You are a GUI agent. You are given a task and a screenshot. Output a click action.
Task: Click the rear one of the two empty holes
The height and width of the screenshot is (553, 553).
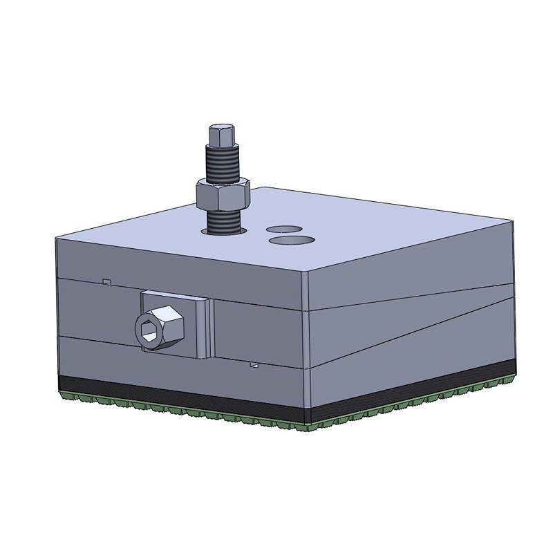click(x=284, y=227)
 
